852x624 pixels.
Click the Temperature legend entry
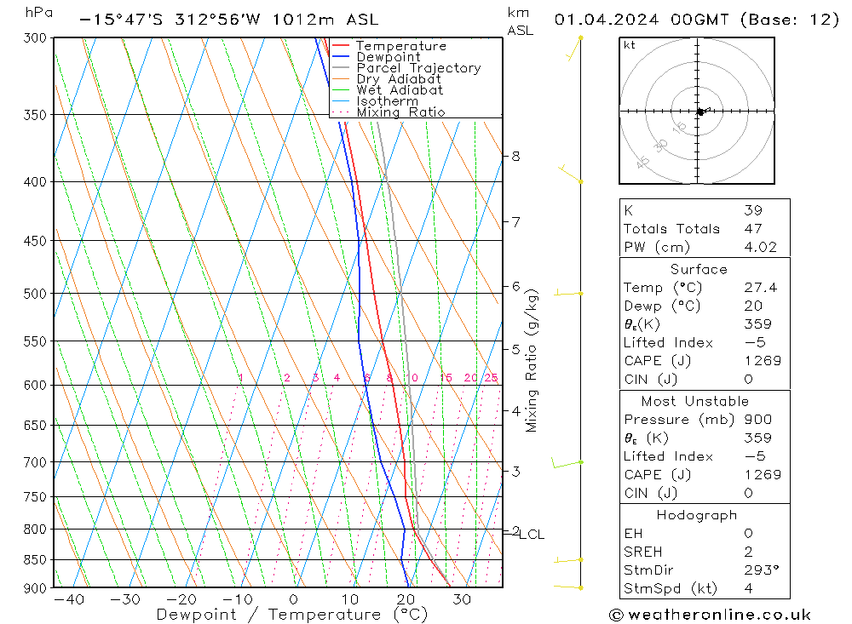coord(400,46)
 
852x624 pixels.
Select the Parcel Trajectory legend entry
coord(417,68)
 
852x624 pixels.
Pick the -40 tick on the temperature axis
coord(68,599)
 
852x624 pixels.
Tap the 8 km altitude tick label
coord(515,156)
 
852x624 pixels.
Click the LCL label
coord(532,535)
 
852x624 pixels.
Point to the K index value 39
coord(752,210)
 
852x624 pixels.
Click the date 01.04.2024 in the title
coord(601,20)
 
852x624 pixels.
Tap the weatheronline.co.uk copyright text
coord(711,615)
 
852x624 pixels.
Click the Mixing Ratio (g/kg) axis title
coord(532,360)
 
